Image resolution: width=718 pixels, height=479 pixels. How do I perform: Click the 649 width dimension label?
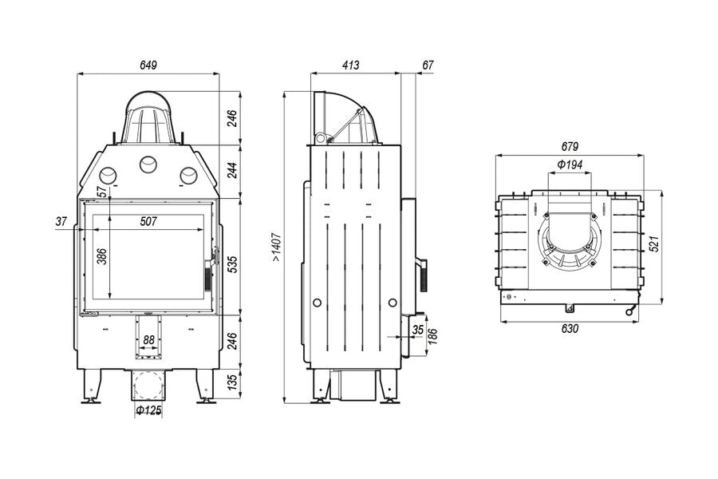point(148,65)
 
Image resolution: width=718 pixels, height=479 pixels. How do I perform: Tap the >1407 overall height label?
point(277,247)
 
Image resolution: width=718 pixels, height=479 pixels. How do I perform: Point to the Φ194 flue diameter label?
point(570,164)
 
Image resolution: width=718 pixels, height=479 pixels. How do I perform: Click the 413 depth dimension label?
point(351,65)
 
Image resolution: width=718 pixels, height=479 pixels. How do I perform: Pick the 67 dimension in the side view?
point(428,65)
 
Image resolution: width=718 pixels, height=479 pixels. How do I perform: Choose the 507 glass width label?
point(148,221)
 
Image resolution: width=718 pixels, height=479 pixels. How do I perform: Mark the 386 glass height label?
point(101,256)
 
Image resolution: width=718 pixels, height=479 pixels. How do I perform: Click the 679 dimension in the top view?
point(570,147)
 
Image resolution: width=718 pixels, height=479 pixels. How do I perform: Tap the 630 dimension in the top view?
point(570,329)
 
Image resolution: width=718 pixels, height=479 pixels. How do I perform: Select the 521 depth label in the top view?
point(654,243)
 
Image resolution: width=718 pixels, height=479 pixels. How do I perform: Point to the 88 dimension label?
point(149,340)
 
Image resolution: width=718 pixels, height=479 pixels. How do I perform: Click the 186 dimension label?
point(433,336)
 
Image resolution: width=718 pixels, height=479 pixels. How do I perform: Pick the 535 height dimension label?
point(233,265)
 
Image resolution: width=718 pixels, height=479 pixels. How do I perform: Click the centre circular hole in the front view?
point(148,164)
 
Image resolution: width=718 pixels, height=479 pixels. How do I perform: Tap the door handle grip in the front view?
point(207,278)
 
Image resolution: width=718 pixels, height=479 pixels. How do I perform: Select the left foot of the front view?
point(91,386)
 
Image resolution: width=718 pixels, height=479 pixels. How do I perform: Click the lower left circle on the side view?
point(317,303)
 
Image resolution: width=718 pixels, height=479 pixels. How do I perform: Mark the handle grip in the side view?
point(424,276)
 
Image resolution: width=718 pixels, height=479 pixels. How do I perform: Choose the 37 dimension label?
point(61,222)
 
